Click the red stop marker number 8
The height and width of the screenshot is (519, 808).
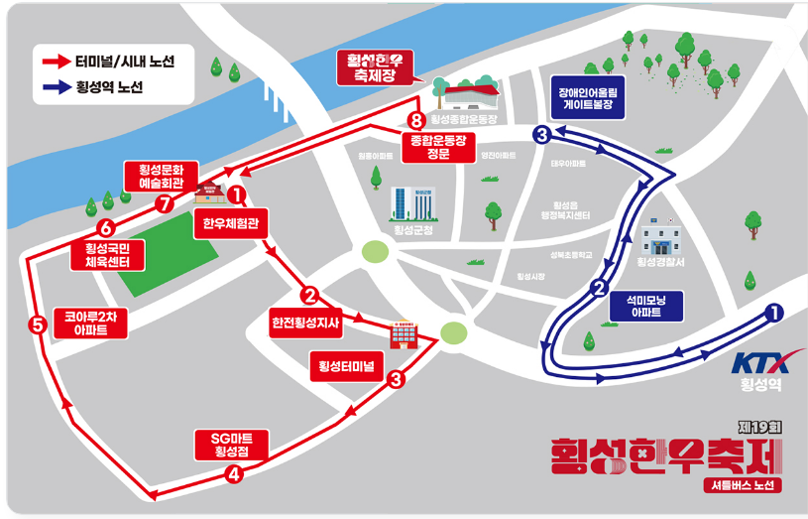click(416, 121)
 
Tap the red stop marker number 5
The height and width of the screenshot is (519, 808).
click(38, 324)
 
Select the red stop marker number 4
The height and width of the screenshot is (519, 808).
click(234, 474)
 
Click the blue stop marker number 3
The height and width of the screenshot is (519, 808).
click(541, 135)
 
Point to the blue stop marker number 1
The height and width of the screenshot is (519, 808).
click(774, 313)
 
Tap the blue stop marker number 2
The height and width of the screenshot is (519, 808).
click(598, 290)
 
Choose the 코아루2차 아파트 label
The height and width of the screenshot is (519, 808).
click(89, 323)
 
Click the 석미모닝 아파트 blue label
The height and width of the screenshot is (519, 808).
click(645, 305)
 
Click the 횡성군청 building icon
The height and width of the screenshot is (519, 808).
click(411, 203)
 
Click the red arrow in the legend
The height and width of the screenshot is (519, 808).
click(56, 62)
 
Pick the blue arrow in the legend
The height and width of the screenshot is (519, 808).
click(56, 86)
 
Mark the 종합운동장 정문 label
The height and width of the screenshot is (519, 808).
click(436, 145)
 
